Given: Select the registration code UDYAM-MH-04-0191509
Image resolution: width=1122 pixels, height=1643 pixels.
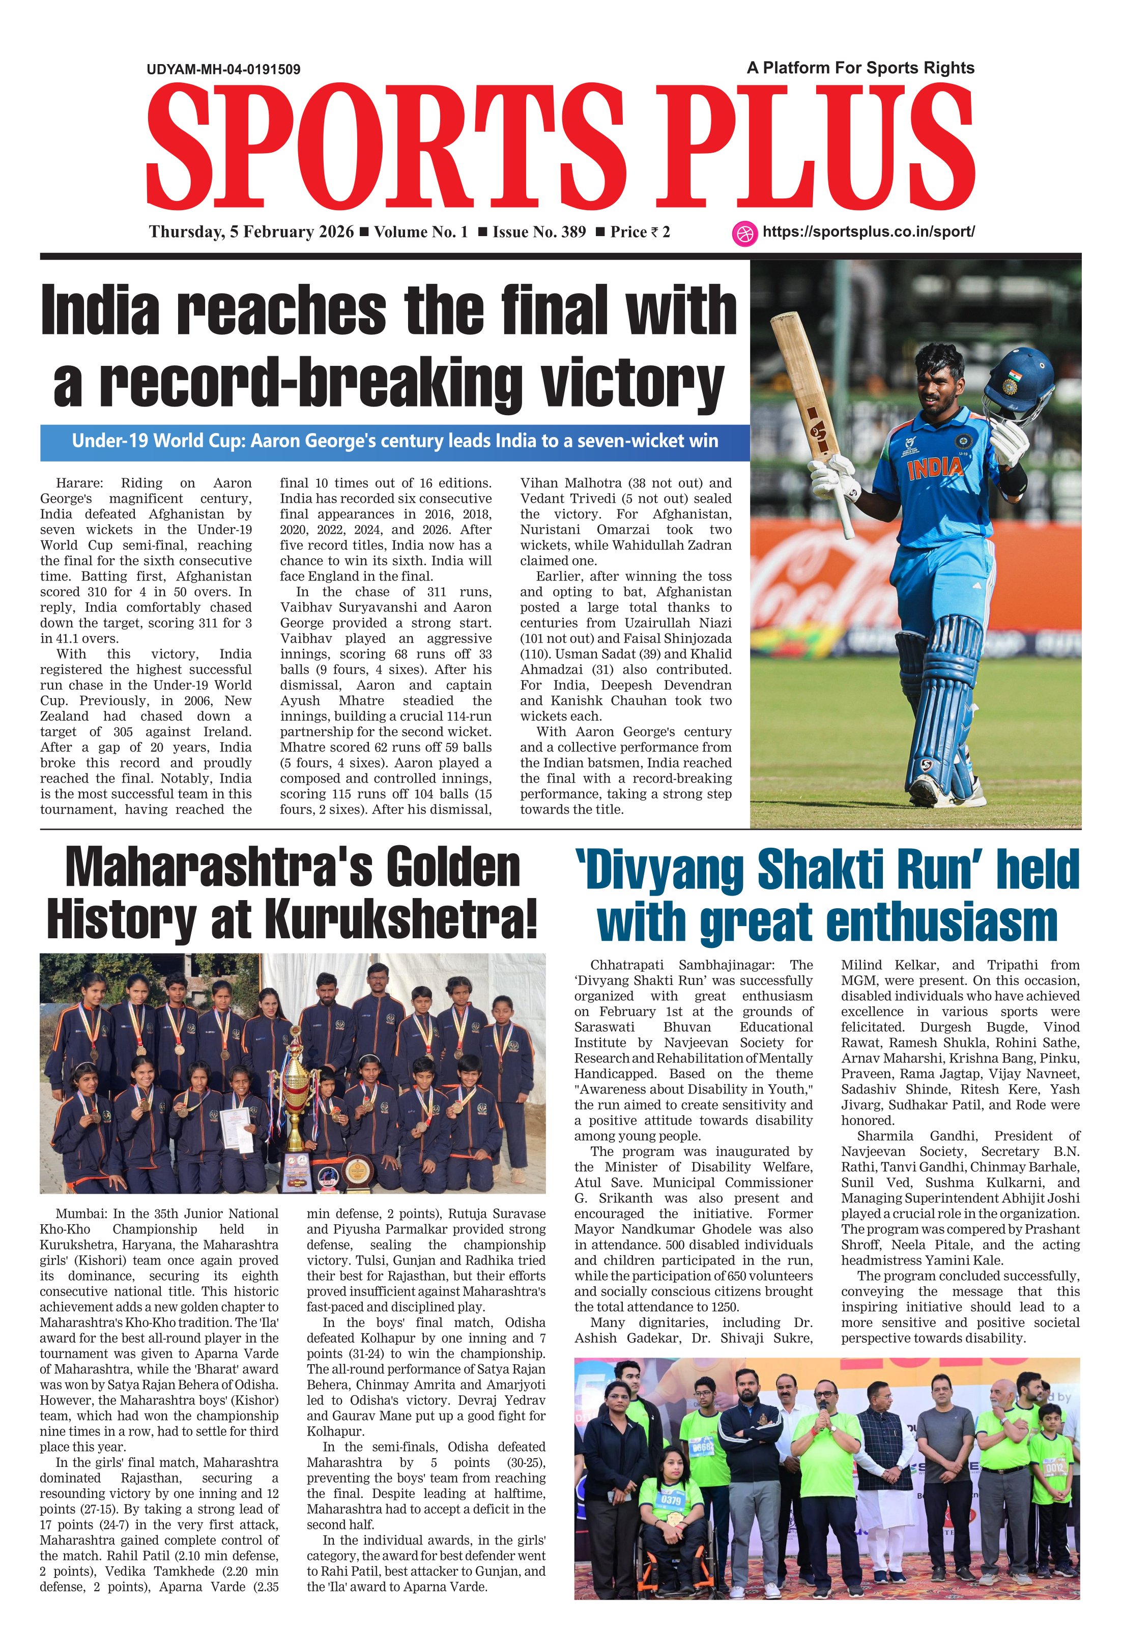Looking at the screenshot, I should (x=223, y=69).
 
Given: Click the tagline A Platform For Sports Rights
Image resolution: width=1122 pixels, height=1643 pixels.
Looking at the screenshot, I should (x=860, y=68).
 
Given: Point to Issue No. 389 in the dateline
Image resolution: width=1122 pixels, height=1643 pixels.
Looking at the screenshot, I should (x=539, y=232).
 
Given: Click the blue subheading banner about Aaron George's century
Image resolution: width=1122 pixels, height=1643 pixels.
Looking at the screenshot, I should (x=394, y=442).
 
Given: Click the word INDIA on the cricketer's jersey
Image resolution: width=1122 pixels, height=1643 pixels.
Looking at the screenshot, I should (x=935, y=467).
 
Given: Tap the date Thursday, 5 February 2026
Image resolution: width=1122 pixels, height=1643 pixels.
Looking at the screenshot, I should (x=251, y=232).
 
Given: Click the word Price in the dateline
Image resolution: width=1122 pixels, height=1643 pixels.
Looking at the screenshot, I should (x=628, y=232).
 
